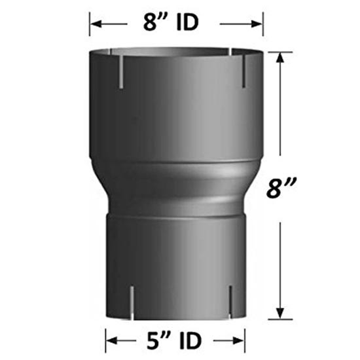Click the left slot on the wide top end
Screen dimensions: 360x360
[x=120, y=72]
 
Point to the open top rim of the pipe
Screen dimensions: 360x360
[x=176, y=51]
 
